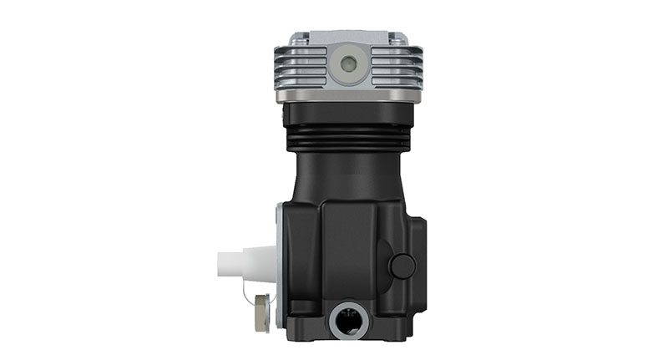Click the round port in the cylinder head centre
coord(347,63)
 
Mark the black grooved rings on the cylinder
coord(347,134)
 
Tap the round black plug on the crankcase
coord(402,266)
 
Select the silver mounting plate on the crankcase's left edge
coord(277,267)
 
